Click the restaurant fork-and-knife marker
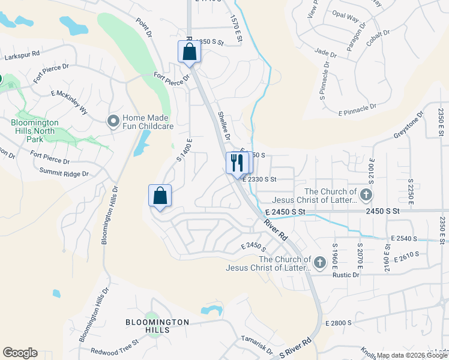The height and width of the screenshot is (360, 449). pos(237,163)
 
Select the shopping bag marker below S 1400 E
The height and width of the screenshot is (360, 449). pos(160,196)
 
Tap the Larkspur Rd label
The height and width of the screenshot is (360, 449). pos(22,55)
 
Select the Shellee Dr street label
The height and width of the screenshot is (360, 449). pos(224,126)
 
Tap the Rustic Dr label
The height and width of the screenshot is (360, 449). pos(346,275)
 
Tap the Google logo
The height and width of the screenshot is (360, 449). pos(20,353)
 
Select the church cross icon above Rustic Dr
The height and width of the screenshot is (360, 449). pos(320,262)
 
